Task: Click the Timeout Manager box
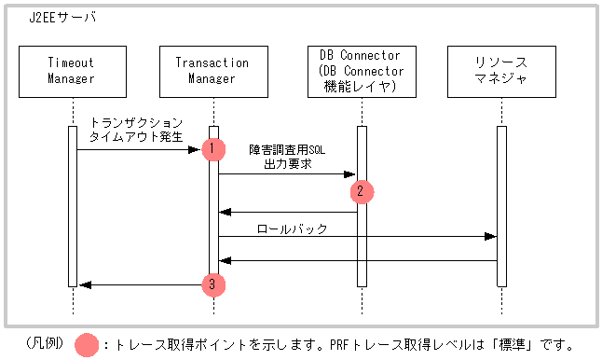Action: [x=72, y=71]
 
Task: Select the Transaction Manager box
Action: [x=212, y=71]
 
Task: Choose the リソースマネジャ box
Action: [x=500, y=71]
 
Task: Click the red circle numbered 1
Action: [x=212, y=148]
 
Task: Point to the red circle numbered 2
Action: [x=362, y=191]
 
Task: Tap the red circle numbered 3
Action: [x=212, y=284]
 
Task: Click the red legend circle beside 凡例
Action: [x=88, y=344]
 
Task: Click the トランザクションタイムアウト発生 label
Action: [x=136, y=129]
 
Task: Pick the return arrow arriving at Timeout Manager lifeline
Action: [x=140, y=284]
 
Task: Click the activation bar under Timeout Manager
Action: [x=72, y=205]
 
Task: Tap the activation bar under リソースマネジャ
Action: [x=500, y=205]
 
